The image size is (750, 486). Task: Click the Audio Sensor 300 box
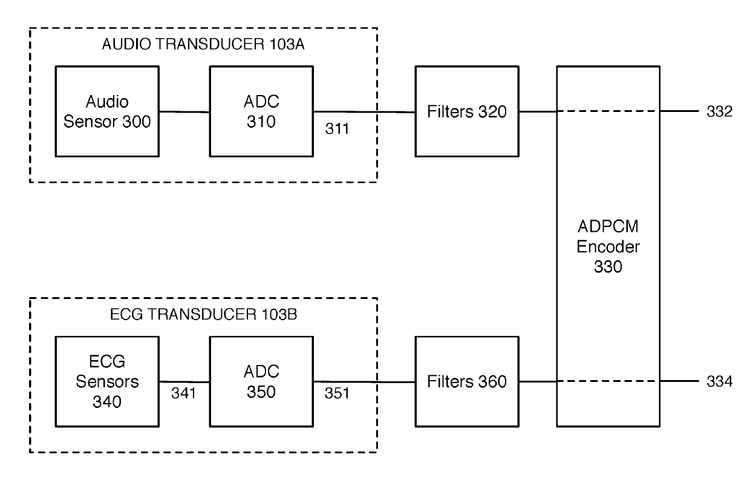[107, 111]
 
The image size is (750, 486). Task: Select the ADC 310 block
[261, 111]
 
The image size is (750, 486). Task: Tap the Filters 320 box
[467, 111]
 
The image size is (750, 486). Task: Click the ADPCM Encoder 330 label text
[608, 246]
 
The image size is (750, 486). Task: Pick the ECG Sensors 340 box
[107, 381]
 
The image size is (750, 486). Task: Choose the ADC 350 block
[261, 381]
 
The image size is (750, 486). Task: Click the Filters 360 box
[467, 381]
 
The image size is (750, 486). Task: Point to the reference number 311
[337, 129]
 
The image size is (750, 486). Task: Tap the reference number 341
[183, 393]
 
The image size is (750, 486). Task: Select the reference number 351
[337, 393]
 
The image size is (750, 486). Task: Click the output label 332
[720, 111]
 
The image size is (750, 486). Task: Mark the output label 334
[720, 381]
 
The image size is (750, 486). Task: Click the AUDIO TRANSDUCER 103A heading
[203, 44]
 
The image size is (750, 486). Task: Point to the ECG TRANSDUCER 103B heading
[204, 314]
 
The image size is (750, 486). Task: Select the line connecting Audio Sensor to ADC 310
[184, 112]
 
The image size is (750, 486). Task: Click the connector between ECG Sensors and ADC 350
[184, 382]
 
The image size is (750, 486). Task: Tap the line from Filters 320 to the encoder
[538, 111]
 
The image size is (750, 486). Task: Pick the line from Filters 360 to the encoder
[538, 381]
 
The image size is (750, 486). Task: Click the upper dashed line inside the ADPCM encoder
[608, 111]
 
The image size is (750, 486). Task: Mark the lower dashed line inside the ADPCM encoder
[608, 381]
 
